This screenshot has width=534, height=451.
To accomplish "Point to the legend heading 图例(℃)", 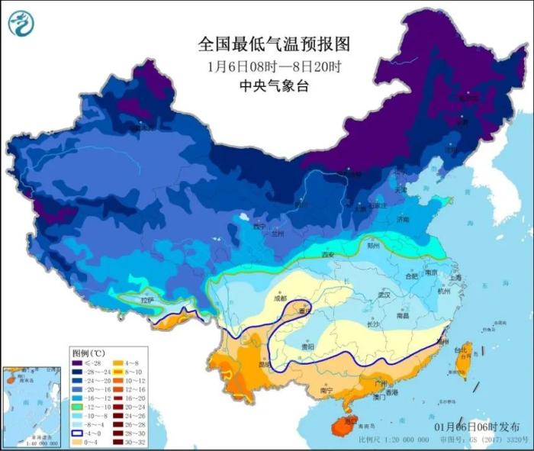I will click(88, 354).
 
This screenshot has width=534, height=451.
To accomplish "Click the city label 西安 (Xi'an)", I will click(329, 254).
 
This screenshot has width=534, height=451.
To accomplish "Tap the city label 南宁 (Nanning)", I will click(327, 390).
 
